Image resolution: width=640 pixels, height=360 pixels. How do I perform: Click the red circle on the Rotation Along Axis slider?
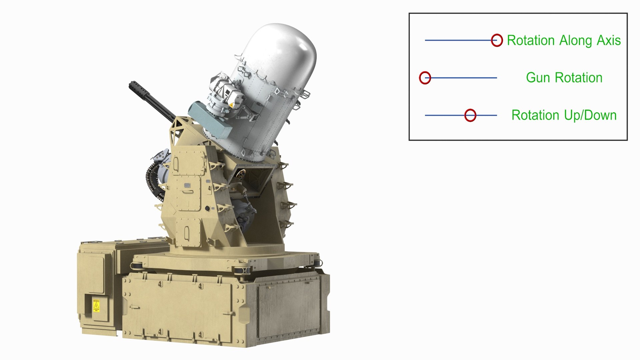pos(497,40)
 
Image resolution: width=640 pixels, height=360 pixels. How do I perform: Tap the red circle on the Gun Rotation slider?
pos(425,78)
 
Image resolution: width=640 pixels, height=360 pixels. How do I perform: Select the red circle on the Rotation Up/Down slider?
pos(470,115)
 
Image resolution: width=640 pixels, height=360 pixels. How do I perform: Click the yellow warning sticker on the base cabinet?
pos(96,305)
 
